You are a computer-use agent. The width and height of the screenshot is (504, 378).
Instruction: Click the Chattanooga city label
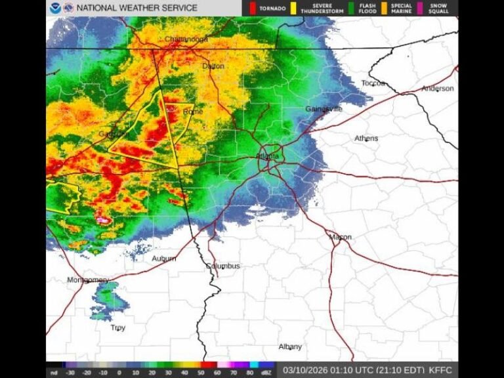186,39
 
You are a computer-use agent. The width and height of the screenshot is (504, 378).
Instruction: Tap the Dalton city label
213,66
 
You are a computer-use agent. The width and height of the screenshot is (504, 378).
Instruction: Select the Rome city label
193,112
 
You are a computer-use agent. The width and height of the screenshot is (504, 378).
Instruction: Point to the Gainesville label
324,109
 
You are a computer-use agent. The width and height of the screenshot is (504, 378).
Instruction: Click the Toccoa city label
373,83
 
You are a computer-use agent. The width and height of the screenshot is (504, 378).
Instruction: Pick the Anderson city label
437,89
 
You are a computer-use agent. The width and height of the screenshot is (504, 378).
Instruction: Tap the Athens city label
366,138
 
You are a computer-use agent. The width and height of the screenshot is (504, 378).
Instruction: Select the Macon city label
340,237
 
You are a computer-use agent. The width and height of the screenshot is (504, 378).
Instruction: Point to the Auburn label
164,259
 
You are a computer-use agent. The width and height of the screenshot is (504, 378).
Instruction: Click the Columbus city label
223,266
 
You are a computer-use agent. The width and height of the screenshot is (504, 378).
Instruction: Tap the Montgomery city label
87,280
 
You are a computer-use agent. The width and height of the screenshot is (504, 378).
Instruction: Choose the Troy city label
117,327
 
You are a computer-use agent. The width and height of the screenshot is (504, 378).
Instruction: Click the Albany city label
290,346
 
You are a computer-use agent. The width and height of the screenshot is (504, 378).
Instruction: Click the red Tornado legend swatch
253,8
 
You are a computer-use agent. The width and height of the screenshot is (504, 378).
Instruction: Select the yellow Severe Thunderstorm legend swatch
295,8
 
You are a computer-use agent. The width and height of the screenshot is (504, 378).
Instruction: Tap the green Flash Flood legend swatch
352,8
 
